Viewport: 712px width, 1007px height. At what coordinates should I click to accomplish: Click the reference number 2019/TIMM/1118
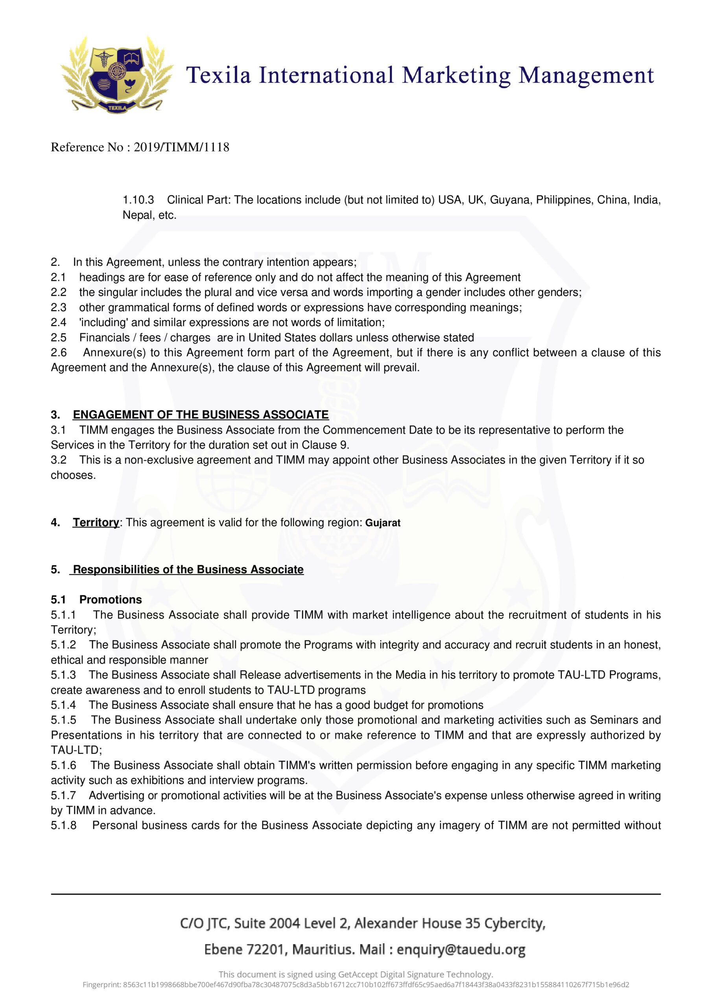coord(181,148)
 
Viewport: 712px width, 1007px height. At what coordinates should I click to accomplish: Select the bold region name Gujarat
coord(382,523)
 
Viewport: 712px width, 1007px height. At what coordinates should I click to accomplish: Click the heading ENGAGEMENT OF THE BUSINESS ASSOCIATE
coord(201,415)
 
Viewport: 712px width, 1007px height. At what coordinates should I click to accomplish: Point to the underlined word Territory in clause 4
coord(96,522)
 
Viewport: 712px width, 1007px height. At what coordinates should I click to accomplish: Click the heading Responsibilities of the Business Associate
coord(188,570)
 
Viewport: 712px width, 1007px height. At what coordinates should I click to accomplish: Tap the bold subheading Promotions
coord(111,599)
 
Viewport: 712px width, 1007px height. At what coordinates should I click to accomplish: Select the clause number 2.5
coord(59,338)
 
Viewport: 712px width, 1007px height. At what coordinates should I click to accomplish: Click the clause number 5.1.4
coord(63,705)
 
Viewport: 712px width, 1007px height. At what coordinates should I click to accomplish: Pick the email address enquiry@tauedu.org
coord(461,950)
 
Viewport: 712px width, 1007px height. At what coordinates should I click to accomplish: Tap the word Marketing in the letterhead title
coord(456,76)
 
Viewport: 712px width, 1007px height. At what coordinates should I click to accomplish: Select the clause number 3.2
coord(59,460)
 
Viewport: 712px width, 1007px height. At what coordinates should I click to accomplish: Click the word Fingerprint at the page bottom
coord(101,985)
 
